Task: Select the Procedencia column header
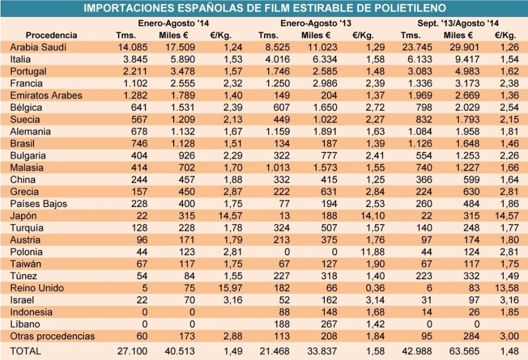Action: [x=52, y=35]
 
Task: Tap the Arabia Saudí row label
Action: [x=38, y=47]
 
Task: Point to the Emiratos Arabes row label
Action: [x=46, y=96]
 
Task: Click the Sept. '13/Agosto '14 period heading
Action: [x=452, y=23]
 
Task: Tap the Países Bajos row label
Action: [x=39, y=204]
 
